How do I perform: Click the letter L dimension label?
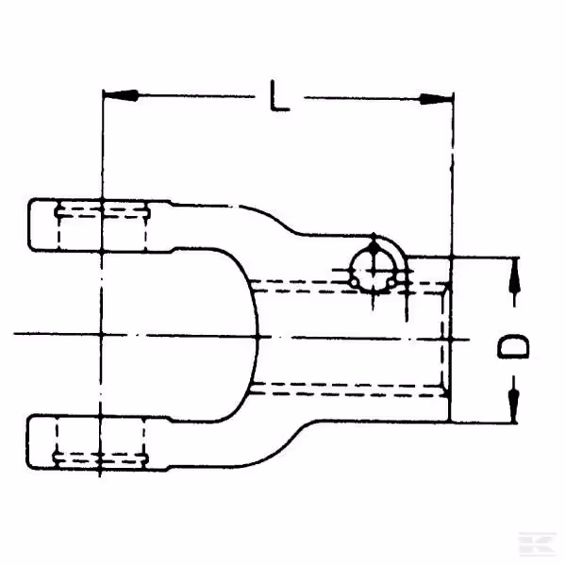280,96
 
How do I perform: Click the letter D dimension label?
513,346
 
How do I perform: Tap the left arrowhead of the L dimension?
121,95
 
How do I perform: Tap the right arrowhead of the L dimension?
436,98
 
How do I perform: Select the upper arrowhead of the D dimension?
514,275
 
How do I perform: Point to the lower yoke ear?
97,442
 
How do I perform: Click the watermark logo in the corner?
537,544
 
